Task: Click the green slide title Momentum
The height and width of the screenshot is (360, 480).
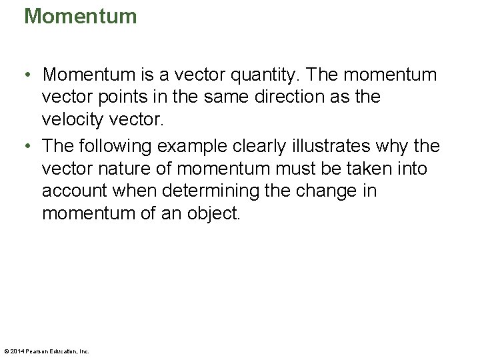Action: (80, 15)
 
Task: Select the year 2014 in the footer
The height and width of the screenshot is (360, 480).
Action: (17, 351)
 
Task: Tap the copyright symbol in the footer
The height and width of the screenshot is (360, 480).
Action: (6, 351)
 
